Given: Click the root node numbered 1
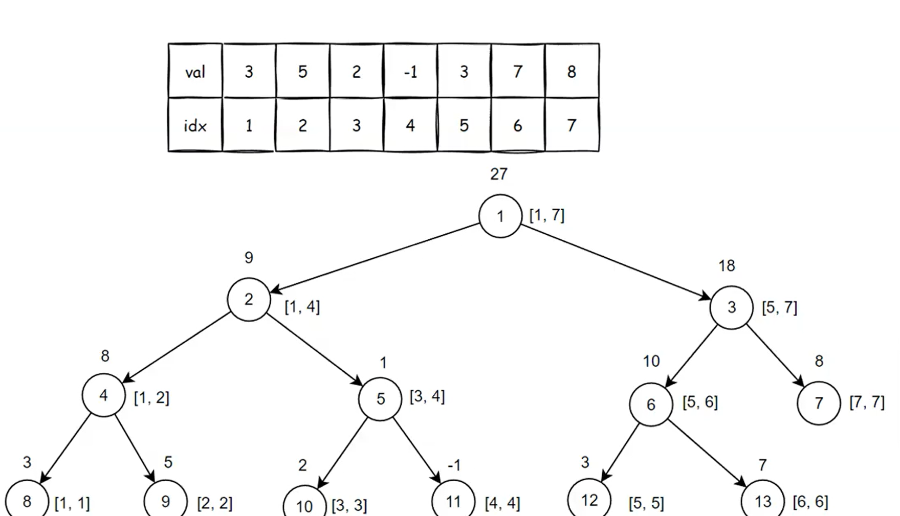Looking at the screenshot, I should click(500, 216).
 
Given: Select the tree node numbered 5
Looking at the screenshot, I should click(380, 399).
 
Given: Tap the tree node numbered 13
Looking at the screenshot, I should click(762, 501).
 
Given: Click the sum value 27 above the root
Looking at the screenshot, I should click(499, 174).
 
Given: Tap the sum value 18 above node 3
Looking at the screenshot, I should click(727, 266).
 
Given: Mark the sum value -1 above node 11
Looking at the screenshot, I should click(454, 465).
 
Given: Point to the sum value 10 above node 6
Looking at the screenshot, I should click(651, 362).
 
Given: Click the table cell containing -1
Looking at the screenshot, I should click(410, 72).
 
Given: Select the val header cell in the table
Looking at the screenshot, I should click(195, 72).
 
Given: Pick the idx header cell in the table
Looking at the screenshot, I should click(195, 125).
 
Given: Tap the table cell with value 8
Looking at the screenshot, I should click(572, 72).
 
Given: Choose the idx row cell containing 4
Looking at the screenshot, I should click(410, 125).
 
